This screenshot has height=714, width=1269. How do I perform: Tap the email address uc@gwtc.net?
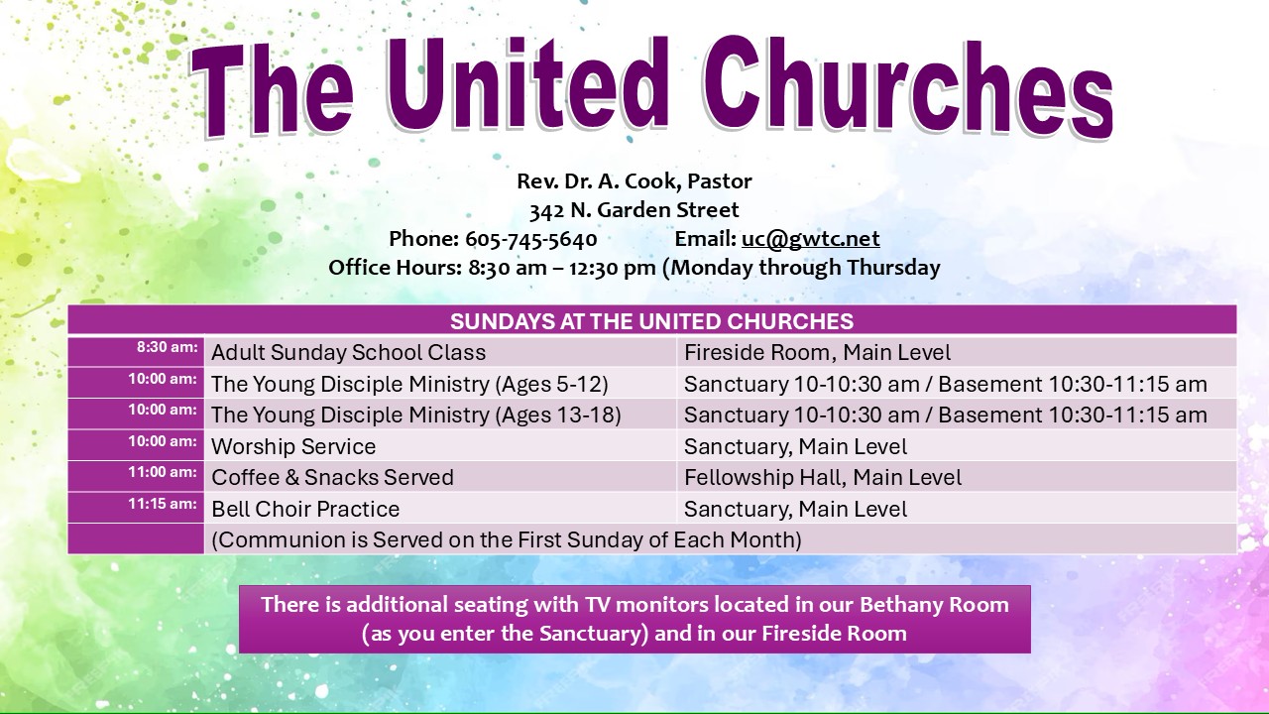pos(811,239)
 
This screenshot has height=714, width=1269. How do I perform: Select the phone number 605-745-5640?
pos(530,239)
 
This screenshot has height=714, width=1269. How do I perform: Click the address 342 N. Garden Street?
pos(634,210)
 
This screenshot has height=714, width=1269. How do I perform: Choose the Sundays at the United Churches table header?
pos(651,321)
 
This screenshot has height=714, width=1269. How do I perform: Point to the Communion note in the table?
pos(507,539)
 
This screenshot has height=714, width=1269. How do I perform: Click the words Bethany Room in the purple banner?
pos(934,605)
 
